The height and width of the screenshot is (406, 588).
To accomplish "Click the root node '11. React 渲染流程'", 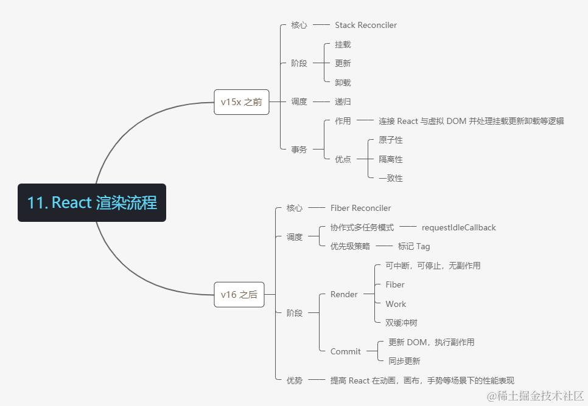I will tap(92, 202).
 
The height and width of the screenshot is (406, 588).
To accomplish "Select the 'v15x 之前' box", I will tap(241, 102).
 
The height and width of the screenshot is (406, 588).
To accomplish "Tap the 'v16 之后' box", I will tap(239, 295).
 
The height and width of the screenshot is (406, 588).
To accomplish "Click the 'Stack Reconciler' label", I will tap(366, 25).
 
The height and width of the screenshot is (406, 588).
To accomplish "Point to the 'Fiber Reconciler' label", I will tap(360, 208).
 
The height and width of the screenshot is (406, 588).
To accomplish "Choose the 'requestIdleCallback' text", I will tap(458, 227).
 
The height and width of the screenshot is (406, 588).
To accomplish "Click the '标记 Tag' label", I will tap(414, 246).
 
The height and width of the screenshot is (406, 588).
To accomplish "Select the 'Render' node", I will tap(344, 294).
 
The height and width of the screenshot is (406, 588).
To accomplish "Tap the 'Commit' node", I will tap(345, 351).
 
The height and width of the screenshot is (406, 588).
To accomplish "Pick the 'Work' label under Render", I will tap(396, 304).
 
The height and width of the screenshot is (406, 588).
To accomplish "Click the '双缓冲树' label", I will tap(401, 323).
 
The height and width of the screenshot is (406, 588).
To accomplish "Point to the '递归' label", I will tap(343, 101).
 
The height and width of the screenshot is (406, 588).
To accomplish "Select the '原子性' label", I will tap(390, 140).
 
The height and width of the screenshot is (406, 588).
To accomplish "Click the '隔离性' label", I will tap(390, 159).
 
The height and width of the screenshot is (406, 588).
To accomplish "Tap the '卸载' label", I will tap(343, 82).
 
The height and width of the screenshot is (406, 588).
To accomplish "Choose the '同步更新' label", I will tap(404, 361).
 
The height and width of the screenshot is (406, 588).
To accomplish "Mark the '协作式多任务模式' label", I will tap(362, 227).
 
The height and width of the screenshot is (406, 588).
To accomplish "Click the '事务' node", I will tap(299, 149).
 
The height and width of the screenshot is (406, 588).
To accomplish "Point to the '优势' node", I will tap(295, 380).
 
